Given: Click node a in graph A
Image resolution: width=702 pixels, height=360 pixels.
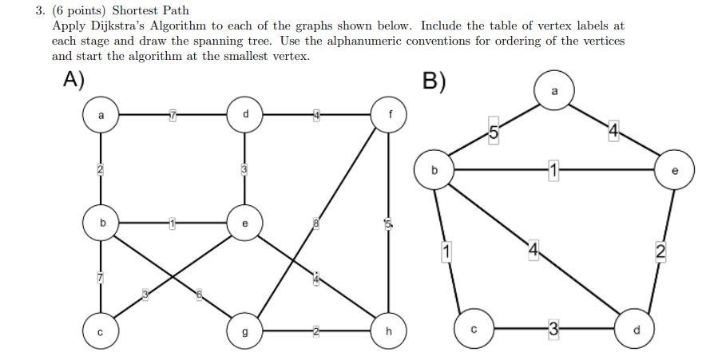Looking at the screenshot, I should tap(101, 116).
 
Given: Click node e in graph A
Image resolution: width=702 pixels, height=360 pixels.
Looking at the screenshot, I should tap(244, 224).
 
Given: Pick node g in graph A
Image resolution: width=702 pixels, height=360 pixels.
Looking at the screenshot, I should tap(244, 329).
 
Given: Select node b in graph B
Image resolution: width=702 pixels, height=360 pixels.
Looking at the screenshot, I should tap(434, 169).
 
